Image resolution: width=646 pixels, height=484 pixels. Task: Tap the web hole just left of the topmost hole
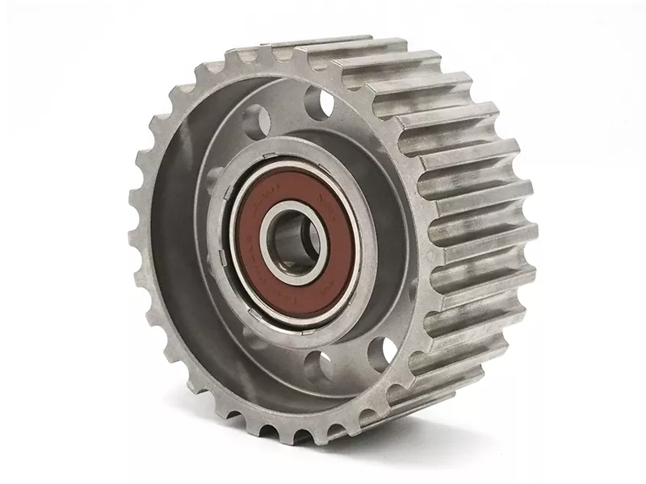coord(256,120)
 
